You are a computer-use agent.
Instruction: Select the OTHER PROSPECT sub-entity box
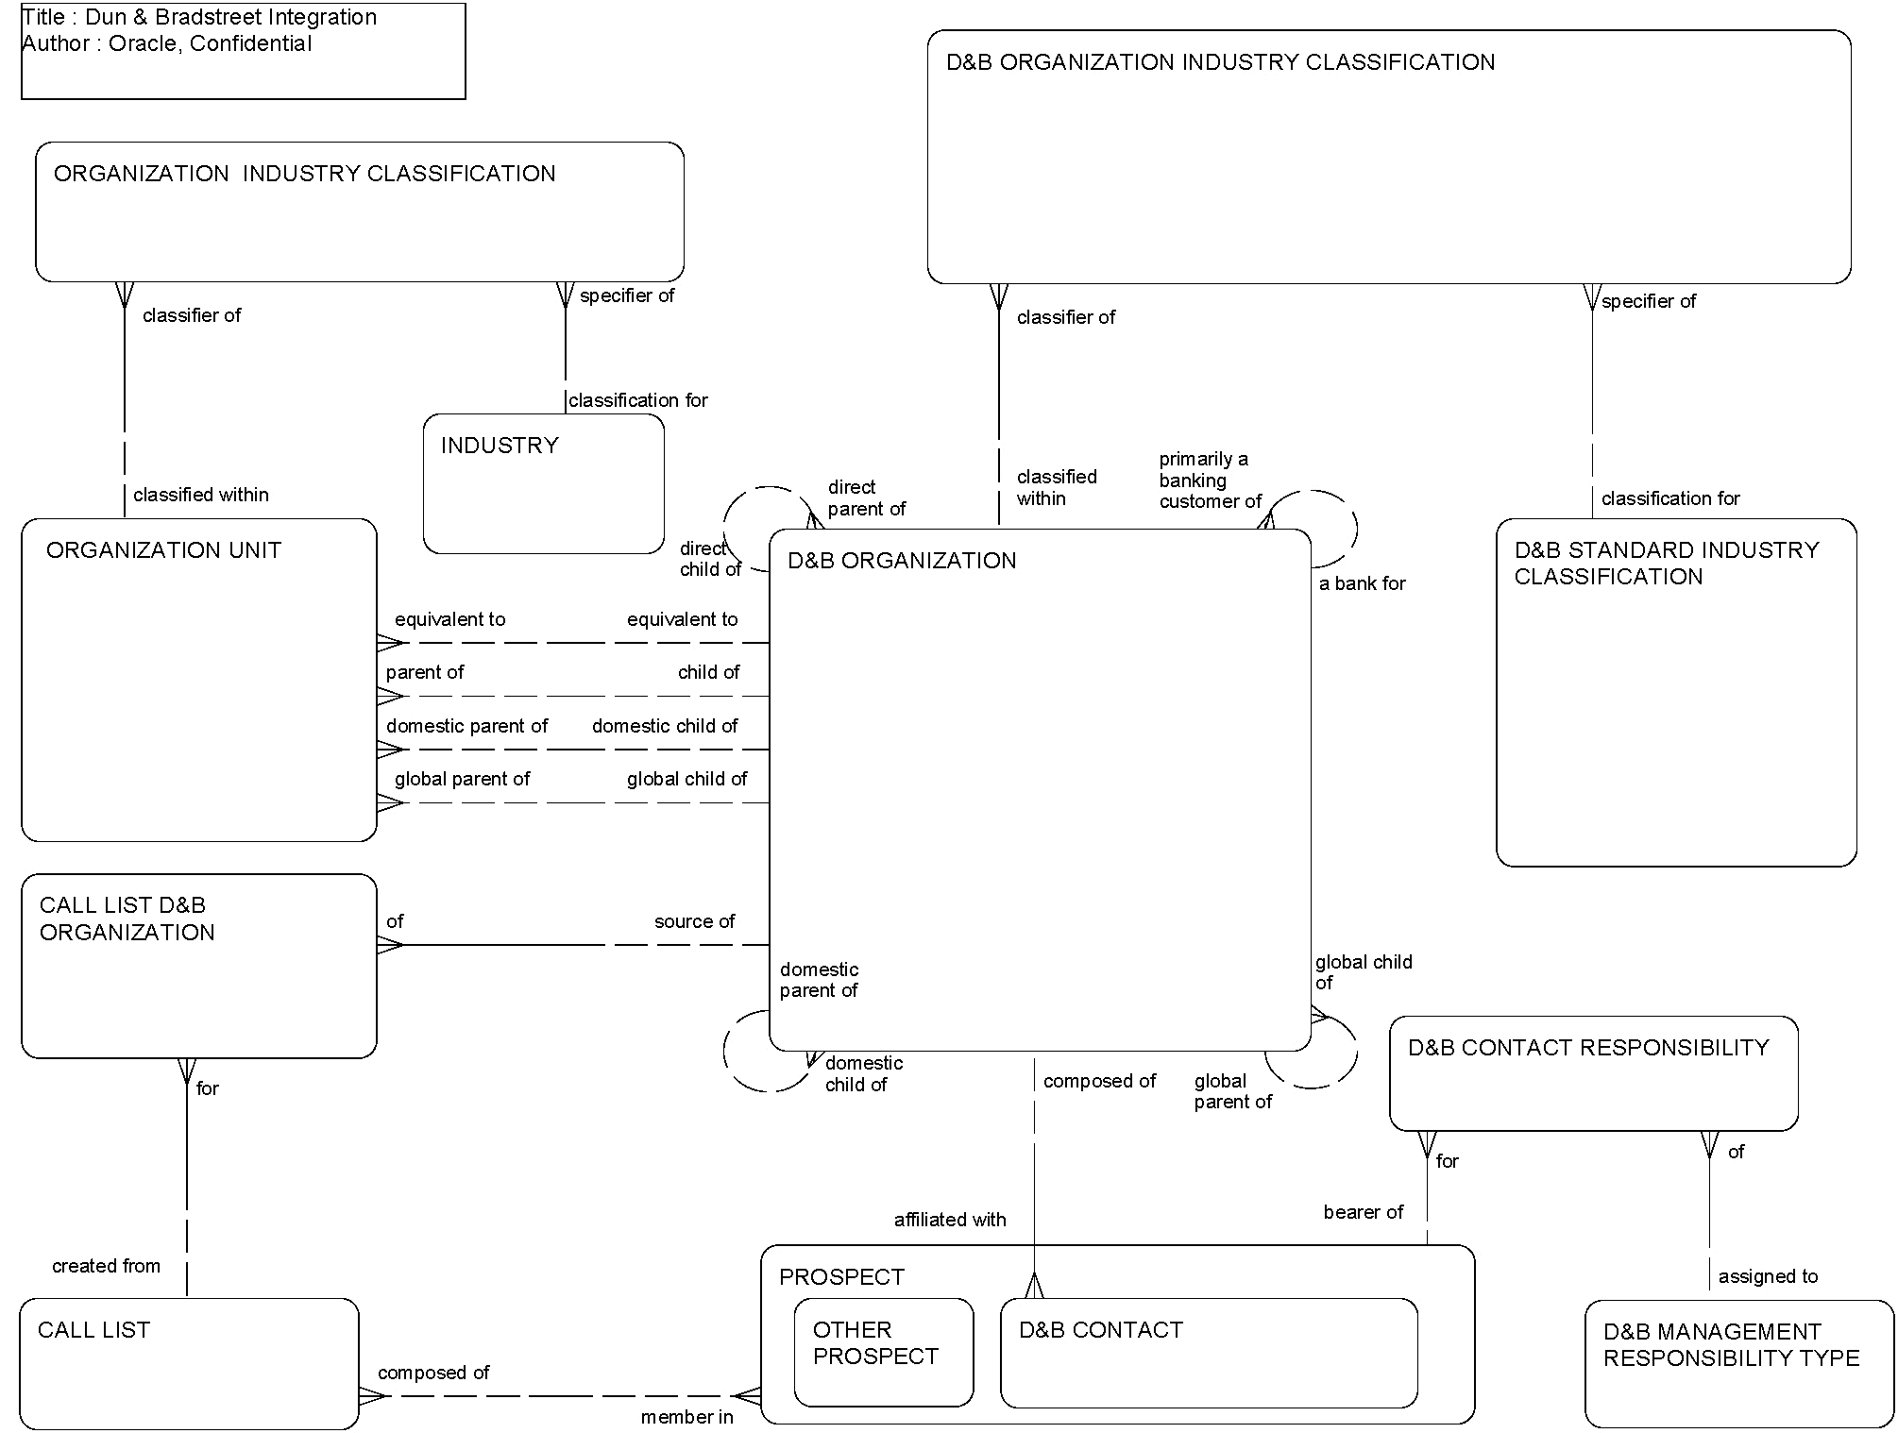coord(883,1351)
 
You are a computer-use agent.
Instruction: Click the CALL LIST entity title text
coord(94,1330)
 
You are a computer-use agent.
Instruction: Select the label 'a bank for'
coord(1362,584)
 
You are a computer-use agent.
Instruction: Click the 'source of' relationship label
coord(694,921)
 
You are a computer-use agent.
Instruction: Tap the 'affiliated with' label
coord(950,1220)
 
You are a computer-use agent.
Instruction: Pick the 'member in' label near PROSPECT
coord(686,1417)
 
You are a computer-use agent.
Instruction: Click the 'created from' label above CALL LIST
coord(106,1266)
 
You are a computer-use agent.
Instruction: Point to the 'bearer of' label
coord(1363,1212)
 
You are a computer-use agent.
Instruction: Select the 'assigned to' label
coord(1768,1276)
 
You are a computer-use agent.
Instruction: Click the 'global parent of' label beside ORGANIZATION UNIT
coord(462,779)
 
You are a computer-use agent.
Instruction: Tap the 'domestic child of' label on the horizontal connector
coord(665,726)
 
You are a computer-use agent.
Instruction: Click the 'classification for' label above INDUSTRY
coord(637,400)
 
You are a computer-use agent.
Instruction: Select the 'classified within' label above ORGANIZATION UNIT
coord(200,495)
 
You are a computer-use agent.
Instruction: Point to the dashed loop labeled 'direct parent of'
coord(746,500)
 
